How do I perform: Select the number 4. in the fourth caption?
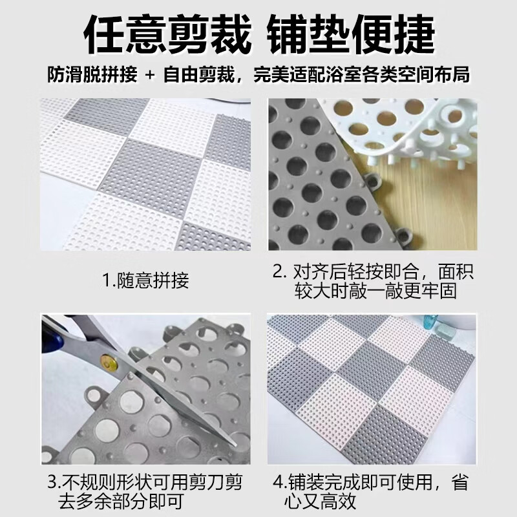(x=279, y=483)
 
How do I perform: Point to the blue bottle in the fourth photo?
(x=428, y=326)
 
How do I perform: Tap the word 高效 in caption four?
(x=339, y=501)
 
